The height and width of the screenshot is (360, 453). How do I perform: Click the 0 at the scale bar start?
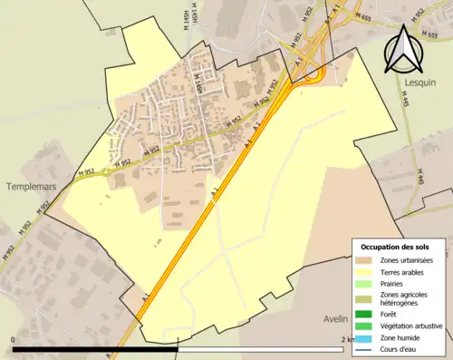[14, 339]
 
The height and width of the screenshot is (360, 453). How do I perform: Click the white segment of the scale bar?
[263, 349]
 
